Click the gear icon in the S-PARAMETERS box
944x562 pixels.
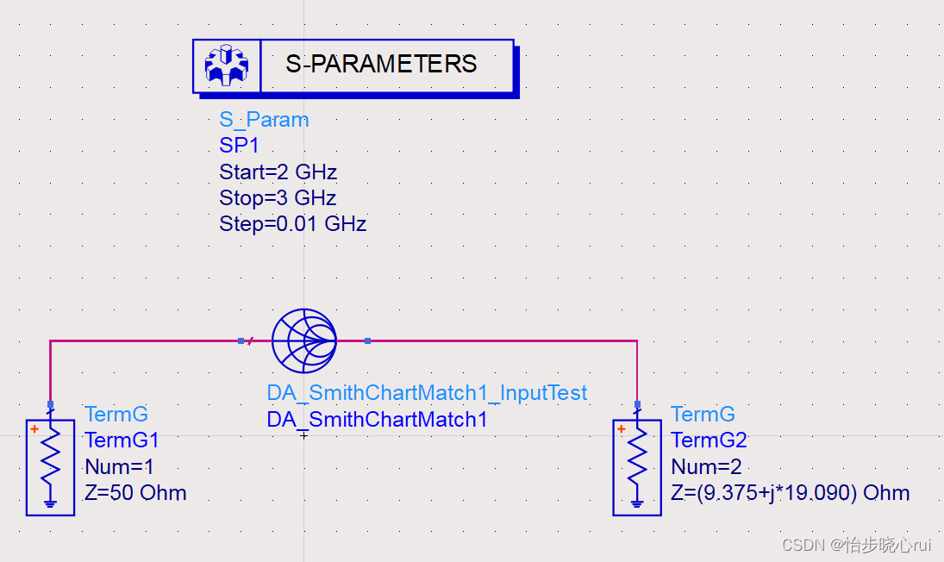point(226,66)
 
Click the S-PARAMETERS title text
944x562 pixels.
point(381,65)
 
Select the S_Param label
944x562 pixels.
point(264,120)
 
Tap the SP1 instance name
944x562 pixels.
point(239,146)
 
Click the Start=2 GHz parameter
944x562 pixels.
point(278,172)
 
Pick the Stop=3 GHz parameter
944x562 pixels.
point(278,197)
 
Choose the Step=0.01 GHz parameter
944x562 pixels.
point(292,224)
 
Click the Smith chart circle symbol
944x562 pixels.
point(303,341)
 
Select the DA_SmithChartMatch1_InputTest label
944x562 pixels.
point(427,393)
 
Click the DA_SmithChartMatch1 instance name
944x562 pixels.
point(377,420)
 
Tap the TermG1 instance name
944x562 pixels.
point(122,440)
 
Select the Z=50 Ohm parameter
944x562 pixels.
point(135,493)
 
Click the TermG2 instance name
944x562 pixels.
point(709,440)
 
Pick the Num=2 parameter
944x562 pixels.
point(704,467)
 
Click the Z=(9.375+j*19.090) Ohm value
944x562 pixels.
point(790,493)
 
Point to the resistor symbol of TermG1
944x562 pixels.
point(50,457)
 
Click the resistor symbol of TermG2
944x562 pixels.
point(637,457)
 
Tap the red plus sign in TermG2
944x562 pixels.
point(621,429)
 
